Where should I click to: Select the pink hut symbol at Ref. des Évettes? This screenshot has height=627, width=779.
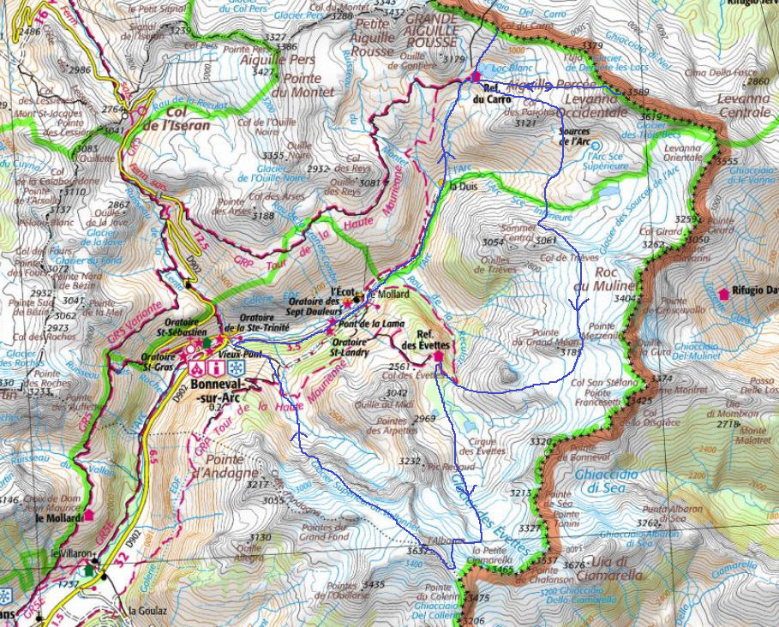coord(439,355)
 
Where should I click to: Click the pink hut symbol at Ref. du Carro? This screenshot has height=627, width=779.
coord(475,79)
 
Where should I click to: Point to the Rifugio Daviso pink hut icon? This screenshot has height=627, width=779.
coord(724,293)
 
